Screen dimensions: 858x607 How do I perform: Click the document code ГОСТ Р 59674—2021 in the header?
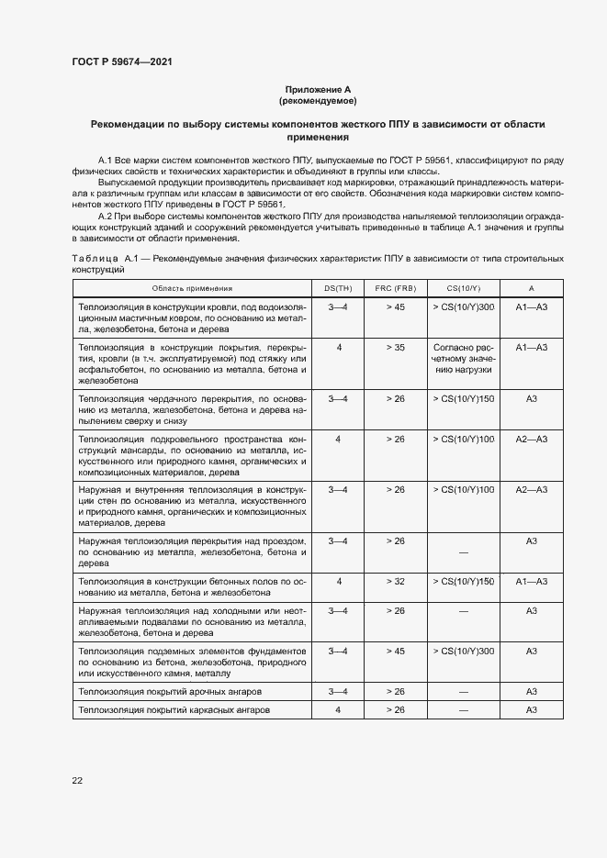coord(122,61)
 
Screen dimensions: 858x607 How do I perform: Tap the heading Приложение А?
coord(317,89)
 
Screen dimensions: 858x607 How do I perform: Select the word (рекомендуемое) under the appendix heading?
coord(317,100)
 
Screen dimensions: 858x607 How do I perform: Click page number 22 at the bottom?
coord(77,780)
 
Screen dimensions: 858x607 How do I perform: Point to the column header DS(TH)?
coord(339,288)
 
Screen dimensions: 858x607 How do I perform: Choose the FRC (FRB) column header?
coord(395,288)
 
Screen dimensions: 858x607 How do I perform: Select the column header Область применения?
coord(193,288)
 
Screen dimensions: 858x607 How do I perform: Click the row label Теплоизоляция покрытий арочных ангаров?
coord(171,691)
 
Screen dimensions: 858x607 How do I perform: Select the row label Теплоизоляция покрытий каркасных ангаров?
coord(174,710)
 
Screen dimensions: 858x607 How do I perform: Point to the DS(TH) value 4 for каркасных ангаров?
coord(339,710)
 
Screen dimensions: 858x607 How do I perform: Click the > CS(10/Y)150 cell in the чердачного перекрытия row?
coord(463,399)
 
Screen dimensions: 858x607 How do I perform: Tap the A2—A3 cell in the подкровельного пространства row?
coord(531,440)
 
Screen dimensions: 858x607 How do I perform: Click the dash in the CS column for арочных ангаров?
coord(463,691)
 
